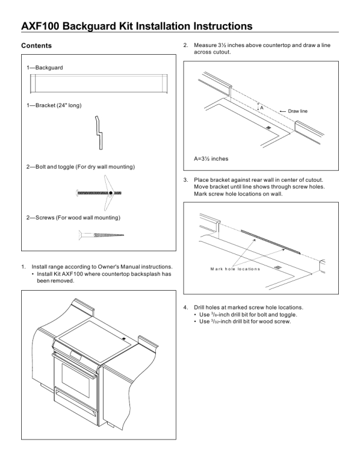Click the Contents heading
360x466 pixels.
36,45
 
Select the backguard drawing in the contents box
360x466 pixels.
98,84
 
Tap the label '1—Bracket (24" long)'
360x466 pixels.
54,105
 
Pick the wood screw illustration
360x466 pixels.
101,236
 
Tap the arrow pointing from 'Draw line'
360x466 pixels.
281,111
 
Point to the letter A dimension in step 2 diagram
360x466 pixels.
261,107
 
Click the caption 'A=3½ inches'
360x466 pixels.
211,159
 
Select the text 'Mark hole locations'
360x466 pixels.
235,269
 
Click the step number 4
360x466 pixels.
185,308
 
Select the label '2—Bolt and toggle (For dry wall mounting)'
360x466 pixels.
81,168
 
